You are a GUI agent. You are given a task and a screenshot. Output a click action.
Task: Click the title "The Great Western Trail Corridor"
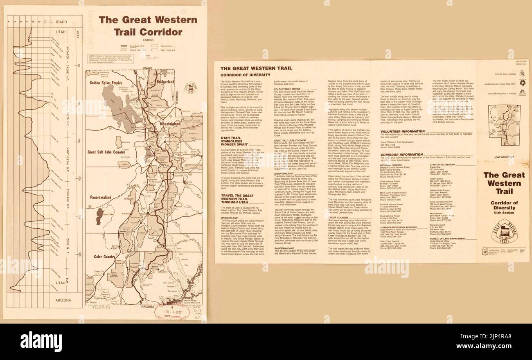148,25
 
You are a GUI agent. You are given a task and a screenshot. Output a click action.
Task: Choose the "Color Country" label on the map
104,257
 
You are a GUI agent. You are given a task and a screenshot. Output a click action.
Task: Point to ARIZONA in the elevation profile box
62,300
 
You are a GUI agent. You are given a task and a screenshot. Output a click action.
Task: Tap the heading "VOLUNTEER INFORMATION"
403,131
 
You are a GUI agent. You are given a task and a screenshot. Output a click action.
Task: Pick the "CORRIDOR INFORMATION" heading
402,155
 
